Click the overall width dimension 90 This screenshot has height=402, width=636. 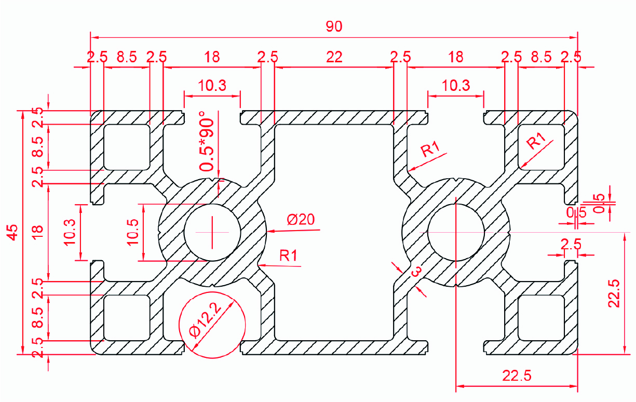point(334,27)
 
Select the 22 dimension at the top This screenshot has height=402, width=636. point(334,57)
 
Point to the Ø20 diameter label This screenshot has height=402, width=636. point(301,219)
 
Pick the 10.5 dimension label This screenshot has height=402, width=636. point(132,232)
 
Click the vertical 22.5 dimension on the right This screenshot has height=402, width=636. point(614,293)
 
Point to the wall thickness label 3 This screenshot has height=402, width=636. point(415,272)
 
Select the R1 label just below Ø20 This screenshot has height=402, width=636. point(288,255)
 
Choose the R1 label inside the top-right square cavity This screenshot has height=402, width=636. point(537,141)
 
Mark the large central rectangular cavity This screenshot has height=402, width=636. point(334,232)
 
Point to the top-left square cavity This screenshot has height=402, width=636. point(127,147)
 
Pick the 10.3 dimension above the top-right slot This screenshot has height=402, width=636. point(456,85)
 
